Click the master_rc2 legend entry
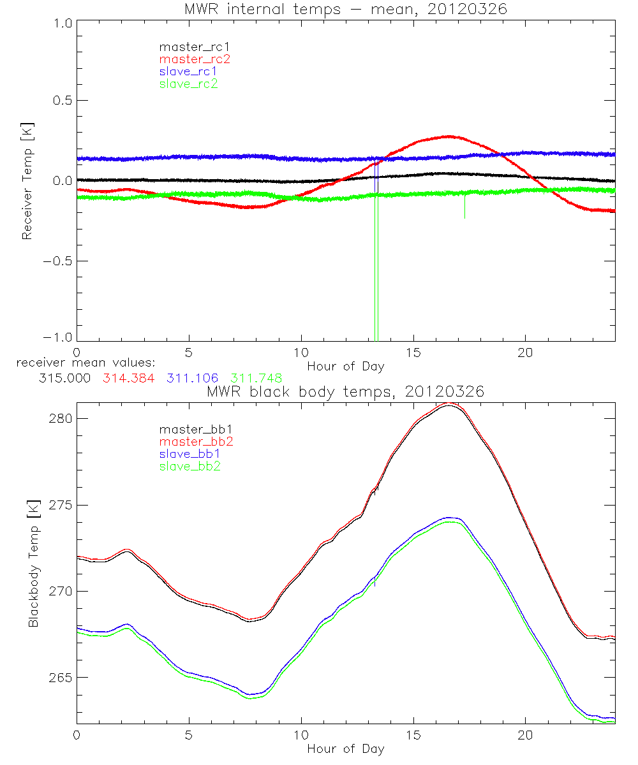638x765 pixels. (195, 59)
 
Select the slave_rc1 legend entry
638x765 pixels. (188, 71)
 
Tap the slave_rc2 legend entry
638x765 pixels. (188, 84)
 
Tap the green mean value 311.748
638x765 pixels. (256, 378)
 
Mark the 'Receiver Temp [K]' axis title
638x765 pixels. (27, 181)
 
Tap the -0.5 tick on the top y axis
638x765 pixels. (57, 261)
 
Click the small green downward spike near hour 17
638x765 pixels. (464, 207)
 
